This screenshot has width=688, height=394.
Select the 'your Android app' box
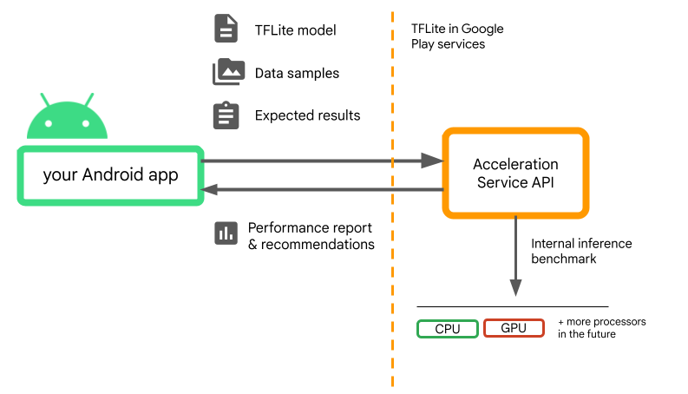pyautogui.click(x=110, y=175)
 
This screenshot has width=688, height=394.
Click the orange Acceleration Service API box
pyautogui.click(x=515, y=173)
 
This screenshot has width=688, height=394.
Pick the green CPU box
pyautogui.click(x=447, y=328)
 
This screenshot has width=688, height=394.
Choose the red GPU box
pyautogui.click(x=514, y=328)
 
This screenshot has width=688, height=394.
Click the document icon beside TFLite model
pyautogui.click(x=226, y=30)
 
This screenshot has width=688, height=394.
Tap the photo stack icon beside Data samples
pyautogui.click(x=226, y=72)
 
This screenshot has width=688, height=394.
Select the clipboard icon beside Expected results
pyautogui.click(x=226, y=115)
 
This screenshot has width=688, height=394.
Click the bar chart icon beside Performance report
pyautogui.click(x=226, y=233)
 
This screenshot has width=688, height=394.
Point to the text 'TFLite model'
pyautogui.click(x=295, y=30)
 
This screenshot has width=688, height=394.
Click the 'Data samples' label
pyautogui.click(x=297, y=73)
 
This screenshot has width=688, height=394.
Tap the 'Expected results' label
pyautogui.click(x=307, y=115)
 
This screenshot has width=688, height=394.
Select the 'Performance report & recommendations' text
pyautogui.click(x=311, y=236)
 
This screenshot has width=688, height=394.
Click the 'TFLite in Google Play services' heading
pyautogui.click(x=457, y=36)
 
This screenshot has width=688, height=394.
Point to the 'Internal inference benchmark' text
pyautogui.click(x=581, y=251)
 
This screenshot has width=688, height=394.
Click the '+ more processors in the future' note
pyautogui.click(x=601, y=327)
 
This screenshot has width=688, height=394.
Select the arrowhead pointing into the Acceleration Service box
pyautogui.click(x=433, y=161)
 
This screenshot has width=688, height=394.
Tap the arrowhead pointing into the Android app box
pyautogui.click(x=212, y=189)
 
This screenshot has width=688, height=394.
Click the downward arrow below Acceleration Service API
pyautogui.click(x=515, y=286)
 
